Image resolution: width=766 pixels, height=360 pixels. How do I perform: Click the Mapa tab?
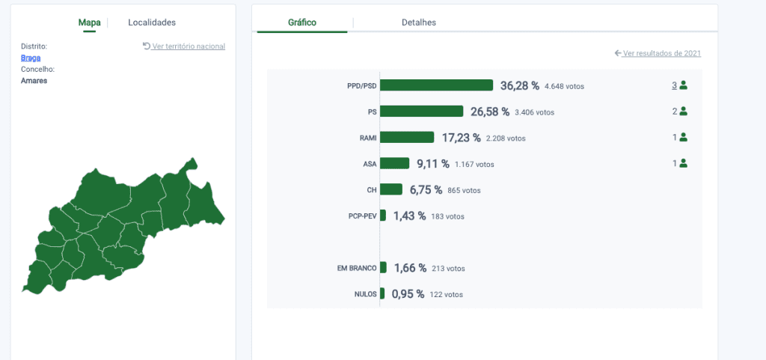(x=90, y=22)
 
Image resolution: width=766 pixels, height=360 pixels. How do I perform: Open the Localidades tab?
(x=152, y=22)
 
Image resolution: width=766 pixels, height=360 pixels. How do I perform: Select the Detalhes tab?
(x=419, y=22)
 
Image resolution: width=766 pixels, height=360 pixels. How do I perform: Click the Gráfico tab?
(x=302, y=22)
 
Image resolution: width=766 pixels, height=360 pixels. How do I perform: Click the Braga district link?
(x=31, y=58)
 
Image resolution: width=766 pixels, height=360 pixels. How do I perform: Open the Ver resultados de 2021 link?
(x=658, y=53)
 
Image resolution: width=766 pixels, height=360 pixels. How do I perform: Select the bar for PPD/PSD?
(x=436, y=85)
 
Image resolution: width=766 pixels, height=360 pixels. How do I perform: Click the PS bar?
(x=422, y=112)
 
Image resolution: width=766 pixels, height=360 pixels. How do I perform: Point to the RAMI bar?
(x=407, y=137)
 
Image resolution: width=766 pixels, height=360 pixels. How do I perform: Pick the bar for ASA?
(x=395, y=163)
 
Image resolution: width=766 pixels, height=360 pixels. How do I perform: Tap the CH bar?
(x=391, y=189)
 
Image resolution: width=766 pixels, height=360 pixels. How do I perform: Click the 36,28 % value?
(x=520, y=86)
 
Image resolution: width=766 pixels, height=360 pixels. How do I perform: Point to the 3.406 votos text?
(x=534, y=112)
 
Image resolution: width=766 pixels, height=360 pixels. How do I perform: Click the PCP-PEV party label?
(x=363, y=216)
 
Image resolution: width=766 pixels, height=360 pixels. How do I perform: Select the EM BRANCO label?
(x=357, y=268)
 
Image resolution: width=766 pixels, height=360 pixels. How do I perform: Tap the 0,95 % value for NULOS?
(x=408, y=295)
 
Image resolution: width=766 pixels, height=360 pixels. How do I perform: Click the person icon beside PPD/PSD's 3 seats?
(x=683, y=85)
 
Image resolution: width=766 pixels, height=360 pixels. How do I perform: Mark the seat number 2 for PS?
(x=675, y=112)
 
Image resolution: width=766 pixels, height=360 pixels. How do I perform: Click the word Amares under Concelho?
(x=34, y=81)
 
